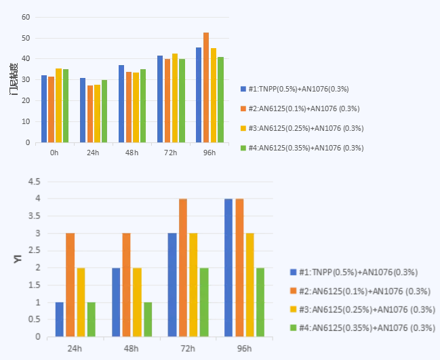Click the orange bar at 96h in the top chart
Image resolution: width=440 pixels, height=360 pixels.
point(206,87)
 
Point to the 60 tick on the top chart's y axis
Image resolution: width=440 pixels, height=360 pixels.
point(26,17)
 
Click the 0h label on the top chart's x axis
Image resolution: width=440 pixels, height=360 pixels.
point(54,153)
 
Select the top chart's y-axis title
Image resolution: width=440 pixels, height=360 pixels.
point(14,79)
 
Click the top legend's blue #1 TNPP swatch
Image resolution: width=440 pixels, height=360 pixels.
point(243,89)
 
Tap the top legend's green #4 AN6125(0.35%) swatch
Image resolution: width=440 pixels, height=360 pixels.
point(243,148)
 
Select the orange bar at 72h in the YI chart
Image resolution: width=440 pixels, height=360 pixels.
point(183,268)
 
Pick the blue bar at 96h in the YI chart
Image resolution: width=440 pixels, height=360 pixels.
point(228,268)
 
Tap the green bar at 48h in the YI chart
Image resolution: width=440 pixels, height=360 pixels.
point(148,319)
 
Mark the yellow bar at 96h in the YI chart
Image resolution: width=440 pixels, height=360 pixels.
point(250,285)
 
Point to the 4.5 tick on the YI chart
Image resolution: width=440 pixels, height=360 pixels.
point(33,182)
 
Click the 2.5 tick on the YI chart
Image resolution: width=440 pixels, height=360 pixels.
point(33,251)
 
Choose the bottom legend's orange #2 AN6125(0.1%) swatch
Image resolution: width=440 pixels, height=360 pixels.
point(294,291)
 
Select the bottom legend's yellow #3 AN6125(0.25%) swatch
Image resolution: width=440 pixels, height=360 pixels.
point(294,309)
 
